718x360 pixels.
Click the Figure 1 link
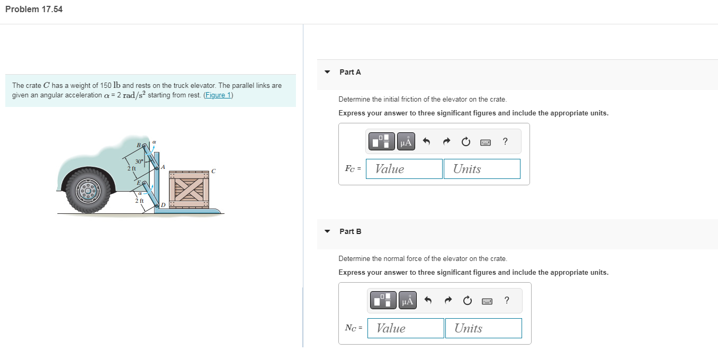point(218,95)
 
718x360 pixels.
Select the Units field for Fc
point(482,169)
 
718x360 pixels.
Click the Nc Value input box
point(405,328)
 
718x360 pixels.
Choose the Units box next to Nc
point(483,328)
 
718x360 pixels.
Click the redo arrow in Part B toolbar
point(448,301)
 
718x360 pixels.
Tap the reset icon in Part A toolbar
point(465,142)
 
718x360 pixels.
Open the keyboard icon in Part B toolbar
point(487,301)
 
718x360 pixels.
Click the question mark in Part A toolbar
point(505,141)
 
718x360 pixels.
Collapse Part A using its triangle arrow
point(327,72)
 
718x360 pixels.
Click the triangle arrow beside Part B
point(327,231)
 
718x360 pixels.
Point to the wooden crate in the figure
point(189,189)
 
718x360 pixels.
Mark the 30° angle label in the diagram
point(139,161)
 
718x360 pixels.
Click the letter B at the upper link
point(139,145)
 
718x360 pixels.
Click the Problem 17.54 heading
point(34,9)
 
